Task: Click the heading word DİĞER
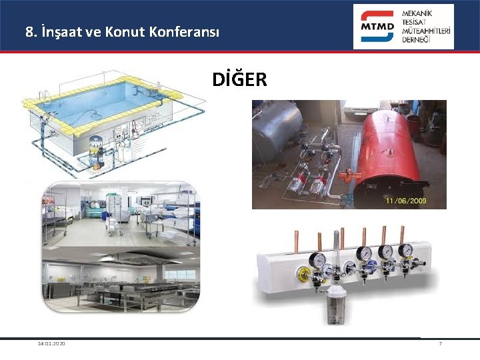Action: tap(239, 80)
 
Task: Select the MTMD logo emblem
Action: tap(377, 27)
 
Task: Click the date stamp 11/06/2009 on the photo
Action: tap(405, 200)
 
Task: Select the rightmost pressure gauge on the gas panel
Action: tap(405, 251)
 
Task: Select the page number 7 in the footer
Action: tap(440, 343)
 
